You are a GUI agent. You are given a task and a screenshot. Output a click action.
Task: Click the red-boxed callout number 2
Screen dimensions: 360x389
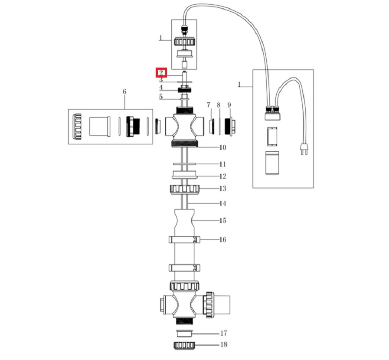pyautogui.click(x=161, y=72)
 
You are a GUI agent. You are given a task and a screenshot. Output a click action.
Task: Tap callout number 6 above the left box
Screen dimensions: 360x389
pyautogui.click(x=124, y=91)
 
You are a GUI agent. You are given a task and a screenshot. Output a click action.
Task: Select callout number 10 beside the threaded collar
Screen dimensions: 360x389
pyautogui.click(x=222, y=148)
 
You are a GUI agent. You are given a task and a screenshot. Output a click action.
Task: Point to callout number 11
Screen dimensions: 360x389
pyautogui.click(x=222, y=164)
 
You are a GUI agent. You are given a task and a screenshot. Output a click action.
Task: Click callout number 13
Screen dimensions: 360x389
pyautogui.click(x=222, y=188)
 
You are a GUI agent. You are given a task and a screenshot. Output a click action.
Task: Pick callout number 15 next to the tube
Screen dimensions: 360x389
pyautogui.click(x=222, y=221)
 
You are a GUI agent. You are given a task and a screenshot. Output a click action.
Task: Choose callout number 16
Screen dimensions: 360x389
pyautogui.click(x=222, y=240)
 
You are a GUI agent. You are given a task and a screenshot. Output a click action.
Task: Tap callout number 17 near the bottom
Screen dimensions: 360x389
pyautogui.click(x=224, y=334)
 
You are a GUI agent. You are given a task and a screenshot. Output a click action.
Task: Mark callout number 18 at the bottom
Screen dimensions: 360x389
pyautogui.click(x=224, y=345)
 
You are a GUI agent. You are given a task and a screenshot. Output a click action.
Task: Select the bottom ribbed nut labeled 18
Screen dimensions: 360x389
pyautogui.click(x=184, y=345)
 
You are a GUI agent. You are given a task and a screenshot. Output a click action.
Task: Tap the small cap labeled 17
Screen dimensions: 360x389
pyautogui.click(x=184, y=334)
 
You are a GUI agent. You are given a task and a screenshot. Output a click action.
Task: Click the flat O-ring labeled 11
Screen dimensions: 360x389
pyautogui.click(x=184, y=164)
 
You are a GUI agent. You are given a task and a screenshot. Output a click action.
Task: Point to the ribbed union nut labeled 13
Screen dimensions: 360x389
pyautogui.click(x=184, y=189)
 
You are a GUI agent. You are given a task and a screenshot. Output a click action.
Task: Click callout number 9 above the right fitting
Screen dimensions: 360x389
pyautogui.click(x=229, y=105)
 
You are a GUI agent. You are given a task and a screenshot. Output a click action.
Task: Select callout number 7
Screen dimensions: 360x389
pyautogui.click(x=209, y=105)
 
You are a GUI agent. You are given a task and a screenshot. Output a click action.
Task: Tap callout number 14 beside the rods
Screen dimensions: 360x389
pyautogui.click(x=222, y=203)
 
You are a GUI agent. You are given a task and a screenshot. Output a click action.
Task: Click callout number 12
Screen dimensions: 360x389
pyautogui.click(x=222, y=176)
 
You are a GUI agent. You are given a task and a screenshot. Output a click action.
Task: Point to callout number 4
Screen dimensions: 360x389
pyautogui.click(x=160, y=88)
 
